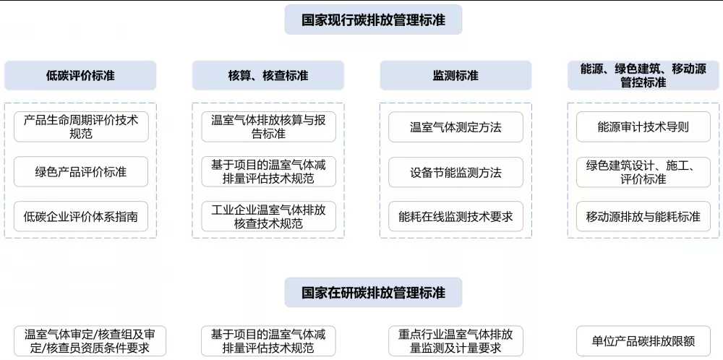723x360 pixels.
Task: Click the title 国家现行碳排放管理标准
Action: coord(373,20)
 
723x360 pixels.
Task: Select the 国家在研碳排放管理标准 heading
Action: coord(373,293)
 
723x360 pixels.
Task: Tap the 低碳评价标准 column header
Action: coord(80,75)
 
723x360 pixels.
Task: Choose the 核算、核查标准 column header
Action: coord(268,75)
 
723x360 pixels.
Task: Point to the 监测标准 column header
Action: coord(455,75)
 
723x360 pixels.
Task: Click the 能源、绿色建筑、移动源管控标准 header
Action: coord(643,75)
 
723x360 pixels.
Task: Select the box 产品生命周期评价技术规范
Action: coord(81,126)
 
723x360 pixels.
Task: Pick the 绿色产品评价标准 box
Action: coord(81,172)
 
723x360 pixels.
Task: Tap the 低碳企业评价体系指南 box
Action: coord(81,216)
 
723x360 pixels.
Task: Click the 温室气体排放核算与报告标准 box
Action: coord(268,127)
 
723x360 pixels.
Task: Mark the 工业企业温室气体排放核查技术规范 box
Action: coord(268,216)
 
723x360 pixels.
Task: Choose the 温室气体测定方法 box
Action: coord(455,127)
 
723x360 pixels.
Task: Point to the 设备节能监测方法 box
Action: coord(455,172)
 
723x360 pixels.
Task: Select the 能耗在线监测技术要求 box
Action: coord(455,216)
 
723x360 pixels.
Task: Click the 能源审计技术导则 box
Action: coord(643,127)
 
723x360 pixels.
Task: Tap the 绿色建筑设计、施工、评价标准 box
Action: coord(643,172)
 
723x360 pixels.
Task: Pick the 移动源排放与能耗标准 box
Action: coord(643,216)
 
